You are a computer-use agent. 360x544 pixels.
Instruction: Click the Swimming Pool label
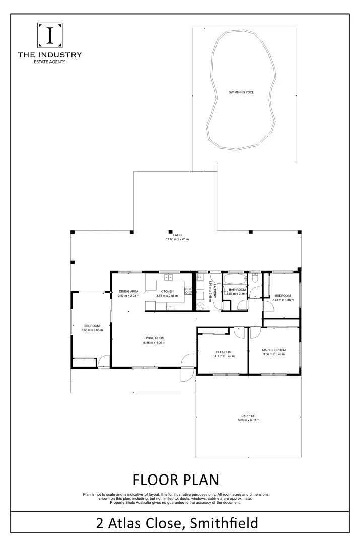242,93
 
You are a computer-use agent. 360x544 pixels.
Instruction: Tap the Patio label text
177,235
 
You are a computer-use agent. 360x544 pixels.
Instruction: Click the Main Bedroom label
274,350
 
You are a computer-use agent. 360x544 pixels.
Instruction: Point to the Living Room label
154,338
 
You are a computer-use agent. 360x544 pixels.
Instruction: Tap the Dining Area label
128,292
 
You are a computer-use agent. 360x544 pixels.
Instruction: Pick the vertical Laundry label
214,291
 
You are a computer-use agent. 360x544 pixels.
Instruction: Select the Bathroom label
237,290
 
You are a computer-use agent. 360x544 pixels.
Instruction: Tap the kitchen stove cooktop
188,290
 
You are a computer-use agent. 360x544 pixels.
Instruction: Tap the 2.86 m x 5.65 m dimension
92,330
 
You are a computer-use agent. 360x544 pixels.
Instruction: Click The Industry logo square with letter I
49,36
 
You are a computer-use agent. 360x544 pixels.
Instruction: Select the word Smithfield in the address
224,523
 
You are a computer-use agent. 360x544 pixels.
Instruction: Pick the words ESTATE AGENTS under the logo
49,62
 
